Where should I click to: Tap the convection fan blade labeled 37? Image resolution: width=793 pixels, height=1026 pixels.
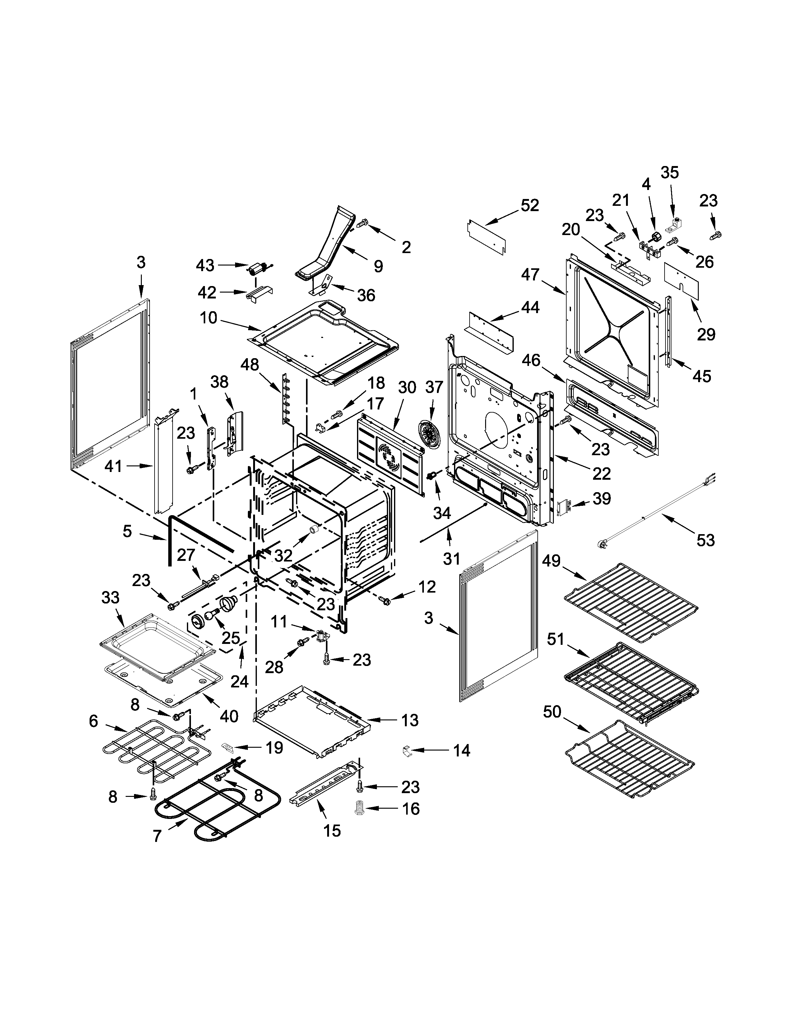click(x=427, y=436)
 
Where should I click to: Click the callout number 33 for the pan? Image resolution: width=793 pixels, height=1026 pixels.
click(x=110, y=598)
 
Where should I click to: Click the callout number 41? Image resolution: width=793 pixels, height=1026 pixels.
click(x=113, y=466)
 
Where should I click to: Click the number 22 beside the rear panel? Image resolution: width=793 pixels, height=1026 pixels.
click(x=601, y=474)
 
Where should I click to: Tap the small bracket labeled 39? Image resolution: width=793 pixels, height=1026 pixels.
click(x=563, y=508)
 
